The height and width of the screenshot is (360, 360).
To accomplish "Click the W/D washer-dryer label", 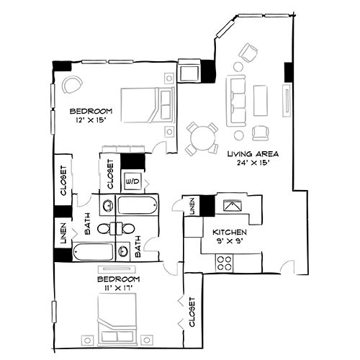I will pyautogui.click(x=134, y=180).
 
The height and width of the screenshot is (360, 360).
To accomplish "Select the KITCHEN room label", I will pyautogui.click(x=230, y=233).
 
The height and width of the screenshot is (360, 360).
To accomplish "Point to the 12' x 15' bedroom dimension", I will pyautogui.click(x=91, y=120).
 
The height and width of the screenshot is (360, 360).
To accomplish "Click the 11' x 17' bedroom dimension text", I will pyautogui.click(x=119, y=287).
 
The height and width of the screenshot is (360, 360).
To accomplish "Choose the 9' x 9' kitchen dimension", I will pyautogui.click(x=230, y=243).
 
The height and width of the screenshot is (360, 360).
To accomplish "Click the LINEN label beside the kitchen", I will pyautogui.click(x=192, y=207).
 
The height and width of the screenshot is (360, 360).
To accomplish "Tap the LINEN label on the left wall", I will pyautogui.click(x=63, y=236).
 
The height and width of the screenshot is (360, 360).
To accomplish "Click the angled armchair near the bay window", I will pyautogui.click(x=250, y=53).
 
